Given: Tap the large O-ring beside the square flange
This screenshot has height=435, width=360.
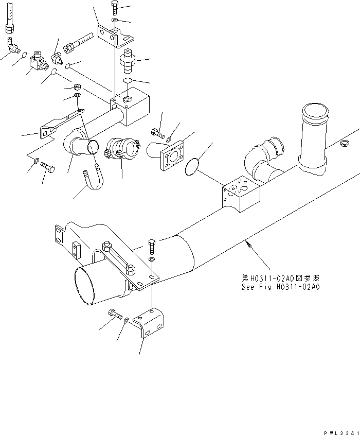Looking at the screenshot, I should (x=192, y=166).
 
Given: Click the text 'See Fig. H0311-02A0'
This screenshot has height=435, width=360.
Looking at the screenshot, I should (x=280, y=287).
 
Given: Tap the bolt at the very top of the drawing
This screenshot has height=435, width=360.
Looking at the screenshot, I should (x=114, y=8).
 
